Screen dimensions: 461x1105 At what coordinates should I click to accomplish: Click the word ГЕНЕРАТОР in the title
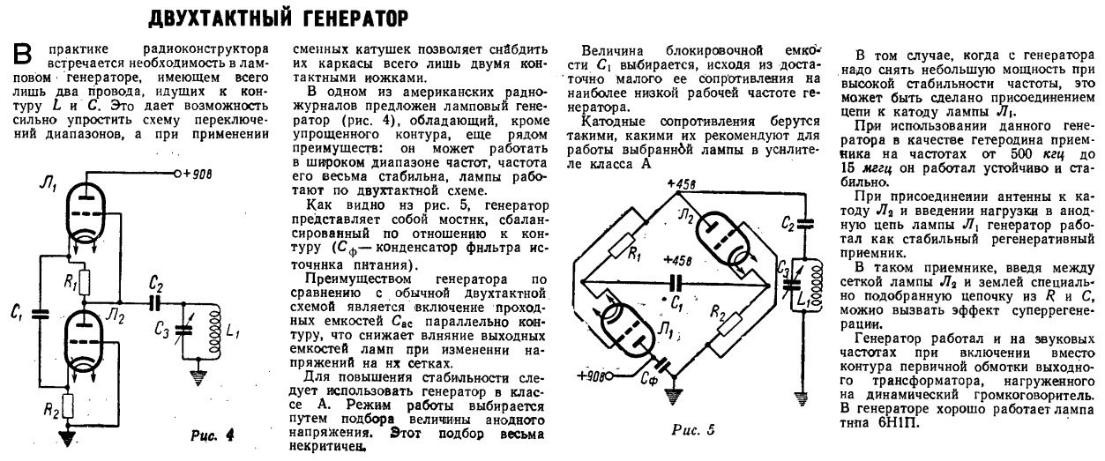pyautogui.click(x=337, y=17)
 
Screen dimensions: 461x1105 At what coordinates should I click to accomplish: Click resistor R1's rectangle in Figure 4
pyautogui.click(x=86, y=281)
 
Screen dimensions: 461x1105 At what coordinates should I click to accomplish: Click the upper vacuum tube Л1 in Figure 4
pyautogui.click(x=86, y=212)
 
